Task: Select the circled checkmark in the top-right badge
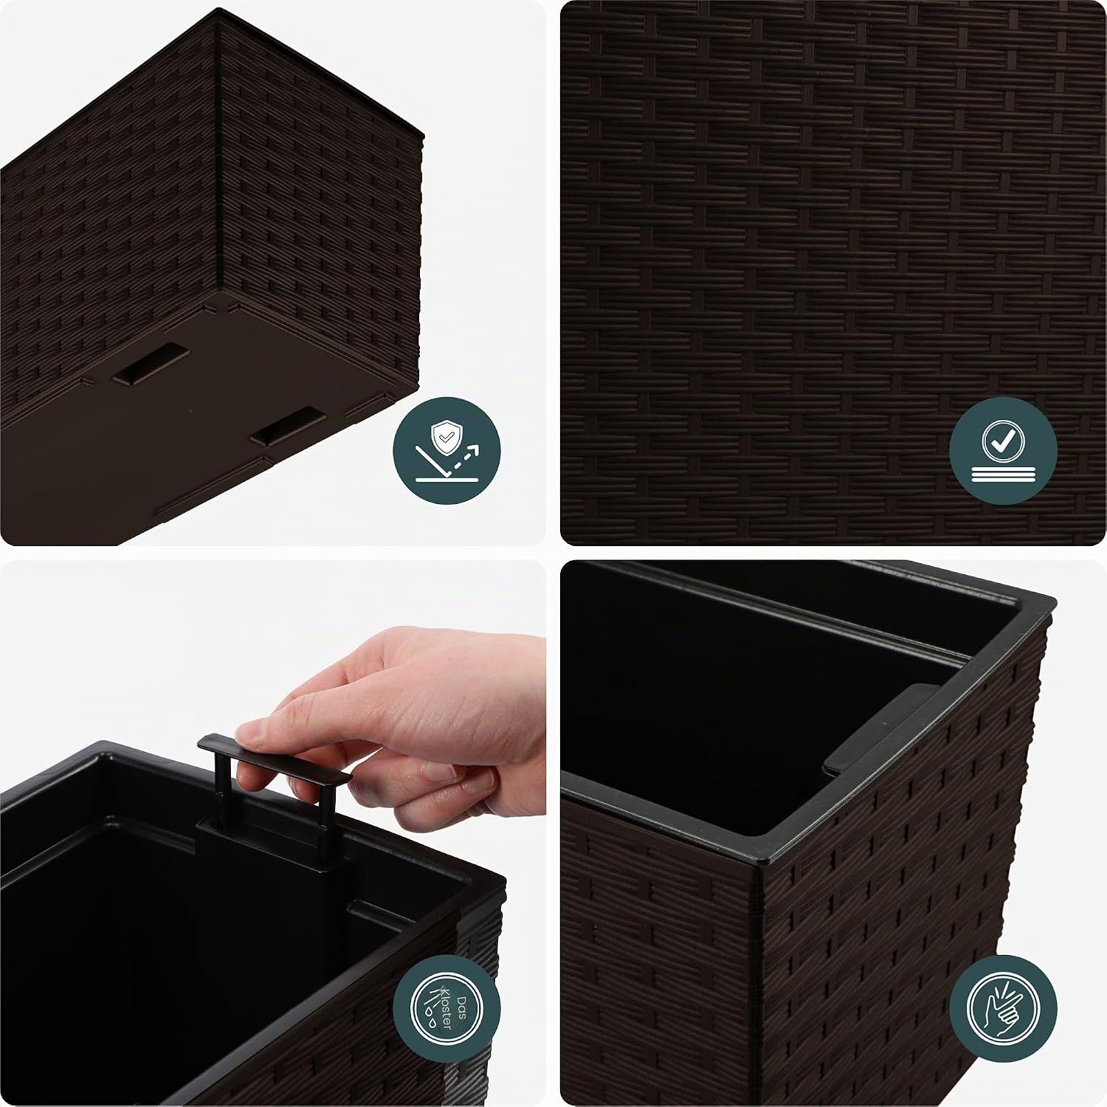coord(1002,441)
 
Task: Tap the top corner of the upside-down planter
coord(221,10)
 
